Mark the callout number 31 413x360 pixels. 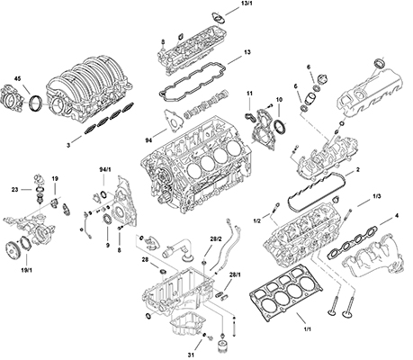pos(192,353)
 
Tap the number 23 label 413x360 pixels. pos(14,190)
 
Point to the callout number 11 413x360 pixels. pos(250,94)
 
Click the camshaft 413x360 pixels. pos(206,107)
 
